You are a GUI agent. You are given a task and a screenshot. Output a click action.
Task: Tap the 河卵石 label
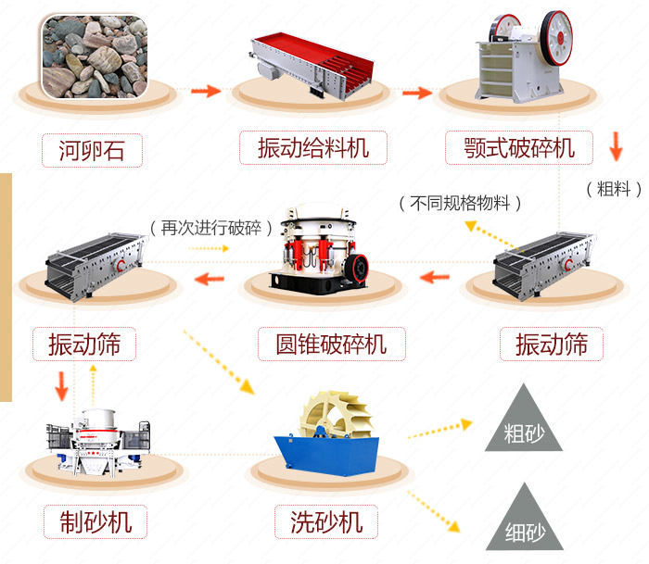pos(90,148)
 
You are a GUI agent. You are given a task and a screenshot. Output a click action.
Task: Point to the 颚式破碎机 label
pos(522,148)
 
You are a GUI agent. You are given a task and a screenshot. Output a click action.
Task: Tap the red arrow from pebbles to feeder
pos(205,91)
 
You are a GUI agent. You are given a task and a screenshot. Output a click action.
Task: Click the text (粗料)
pos(614,189)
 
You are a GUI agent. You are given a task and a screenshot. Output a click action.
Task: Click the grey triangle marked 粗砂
pos(524,424)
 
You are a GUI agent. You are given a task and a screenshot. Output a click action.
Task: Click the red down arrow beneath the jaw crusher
pos(615,146)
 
